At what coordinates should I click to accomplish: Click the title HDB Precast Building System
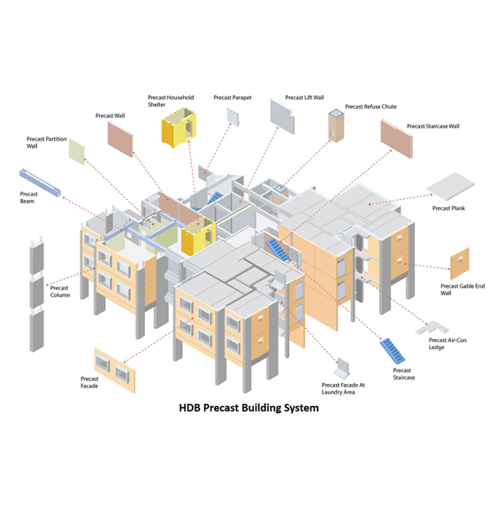[248, 409]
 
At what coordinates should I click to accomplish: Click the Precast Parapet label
[233, 97]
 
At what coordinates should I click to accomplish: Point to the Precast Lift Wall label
[304, 98]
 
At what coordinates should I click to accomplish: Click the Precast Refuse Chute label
[371, 107]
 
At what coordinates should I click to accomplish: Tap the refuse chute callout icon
[335, 126]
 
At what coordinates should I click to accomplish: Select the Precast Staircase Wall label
[432, 126]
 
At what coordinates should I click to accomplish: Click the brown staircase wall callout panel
[397, 139]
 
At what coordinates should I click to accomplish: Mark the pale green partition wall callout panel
[77, 151]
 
